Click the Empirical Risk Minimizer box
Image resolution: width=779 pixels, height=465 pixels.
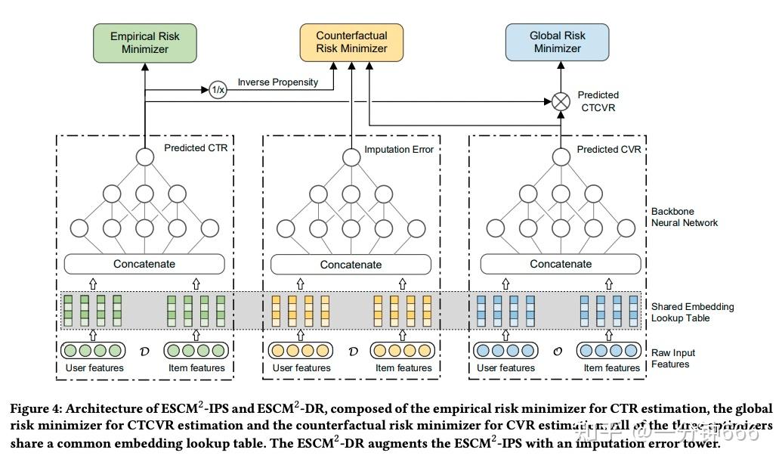(x=144, y=42)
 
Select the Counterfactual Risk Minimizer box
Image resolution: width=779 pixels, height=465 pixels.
(x=351, y=42)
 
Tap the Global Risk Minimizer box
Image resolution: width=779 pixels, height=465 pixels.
(x=557, y=42)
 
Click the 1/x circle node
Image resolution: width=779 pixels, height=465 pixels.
(x=218, y=90)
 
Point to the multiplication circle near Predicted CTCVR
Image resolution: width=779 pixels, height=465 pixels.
(x=560, y=101)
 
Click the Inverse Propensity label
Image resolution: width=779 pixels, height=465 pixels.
(x=277, y=82)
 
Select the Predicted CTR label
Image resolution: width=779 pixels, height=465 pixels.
(x=196, y=148)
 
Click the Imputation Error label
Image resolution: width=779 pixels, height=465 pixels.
(x=399, y=150)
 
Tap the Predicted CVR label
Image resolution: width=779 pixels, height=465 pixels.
(x=608, y=150)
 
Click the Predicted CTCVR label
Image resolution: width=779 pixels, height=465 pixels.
(x=598, y=101)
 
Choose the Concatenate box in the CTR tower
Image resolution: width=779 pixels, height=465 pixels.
(x=144, y=264)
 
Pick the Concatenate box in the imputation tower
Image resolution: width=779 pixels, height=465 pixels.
(x=351, y=265)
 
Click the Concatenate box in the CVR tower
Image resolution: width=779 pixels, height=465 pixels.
(x=561, y=264)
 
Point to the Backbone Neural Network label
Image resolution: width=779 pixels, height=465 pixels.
(x=685, y=217)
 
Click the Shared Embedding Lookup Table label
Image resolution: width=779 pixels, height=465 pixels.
(x=692, y=312)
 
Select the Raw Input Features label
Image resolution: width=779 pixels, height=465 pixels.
(x=673, y=358)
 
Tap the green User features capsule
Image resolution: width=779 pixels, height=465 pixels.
(x=93, y=351)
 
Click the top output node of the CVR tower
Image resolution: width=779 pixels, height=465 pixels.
(x=560, y=157)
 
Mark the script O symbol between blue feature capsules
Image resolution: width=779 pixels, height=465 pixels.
(x=558, y=352)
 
